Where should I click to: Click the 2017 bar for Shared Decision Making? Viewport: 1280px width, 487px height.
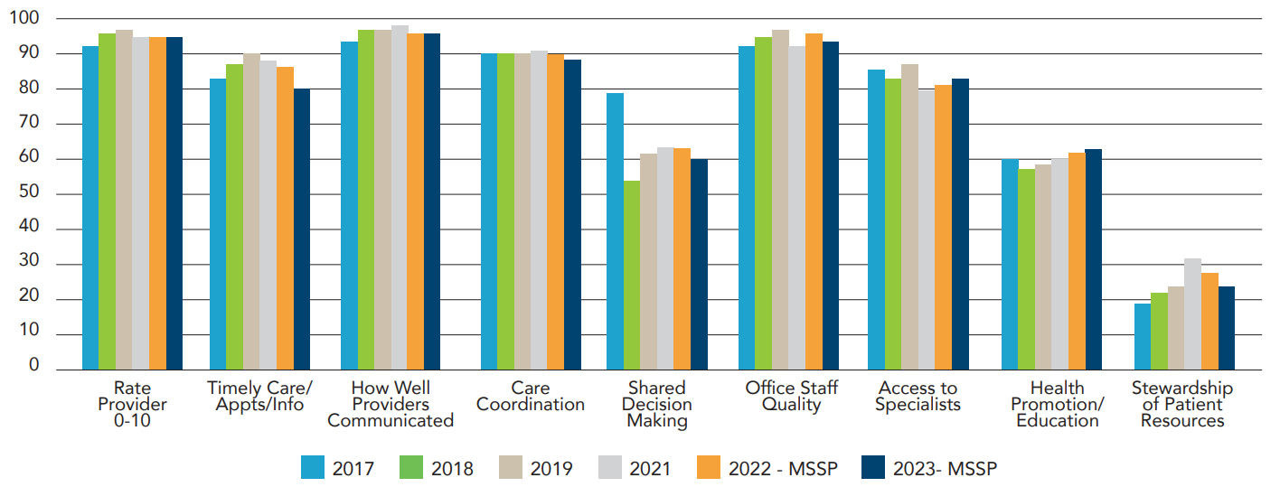[615, 231]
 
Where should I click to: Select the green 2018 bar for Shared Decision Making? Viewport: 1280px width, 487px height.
[632, 276]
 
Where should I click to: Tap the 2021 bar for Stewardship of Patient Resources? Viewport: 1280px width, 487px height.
[1193, 314]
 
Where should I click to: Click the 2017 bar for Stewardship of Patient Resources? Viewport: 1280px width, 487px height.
[1143, 336]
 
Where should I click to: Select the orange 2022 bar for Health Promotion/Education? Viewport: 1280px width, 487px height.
[1077, 261]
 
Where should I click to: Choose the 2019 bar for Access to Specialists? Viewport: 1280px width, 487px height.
[909, 217]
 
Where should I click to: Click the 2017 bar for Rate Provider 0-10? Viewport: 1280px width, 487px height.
[90, 208]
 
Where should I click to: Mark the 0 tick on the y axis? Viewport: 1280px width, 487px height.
[34, 366]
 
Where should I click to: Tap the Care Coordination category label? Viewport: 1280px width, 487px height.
[531, 397]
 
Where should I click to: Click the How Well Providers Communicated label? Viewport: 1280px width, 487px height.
[391, 404]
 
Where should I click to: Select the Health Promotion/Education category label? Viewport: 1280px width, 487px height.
[1058, 404]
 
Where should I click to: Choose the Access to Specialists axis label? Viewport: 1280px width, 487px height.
[918, 397]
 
